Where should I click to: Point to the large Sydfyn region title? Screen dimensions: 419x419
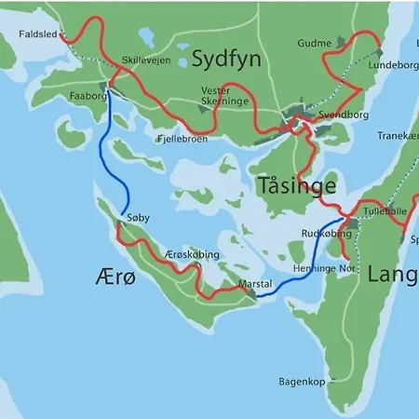[225, 60]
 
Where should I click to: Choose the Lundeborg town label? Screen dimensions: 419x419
[389, 67]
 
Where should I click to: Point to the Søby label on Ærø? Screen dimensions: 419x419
[138, 217]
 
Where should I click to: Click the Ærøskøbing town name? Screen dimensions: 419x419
[191, 254]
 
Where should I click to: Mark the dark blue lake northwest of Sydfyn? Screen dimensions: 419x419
[147, 36]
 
